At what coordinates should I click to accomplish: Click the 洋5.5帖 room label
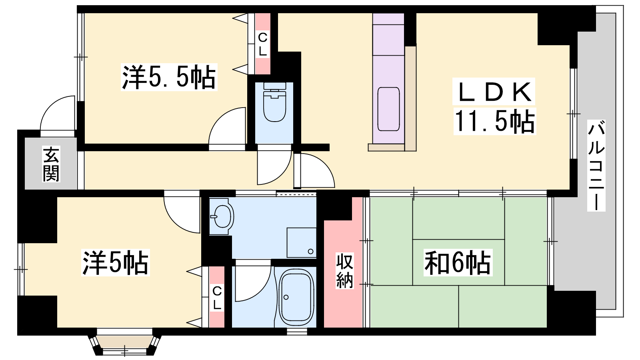[x=169, y=77]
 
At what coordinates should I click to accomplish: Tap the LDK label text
[x=494, y=92]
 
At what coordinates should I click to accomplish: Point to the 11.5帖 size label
[x=494, y=121]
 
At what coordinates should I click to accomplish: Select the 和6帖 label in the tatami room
[x=458, y=262]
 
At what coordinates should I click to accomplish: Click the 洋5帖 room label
[x=116, y=262]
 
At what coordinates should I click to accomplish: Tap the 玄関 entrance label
[x=51, y=164]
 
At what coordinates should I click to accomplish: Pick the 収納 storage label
[x=344, y=270]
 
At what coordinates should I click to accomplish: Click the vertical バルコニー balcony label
[x=596, y=166]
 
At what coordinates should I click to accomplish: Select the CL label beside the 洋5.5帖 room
[x=262, y=44]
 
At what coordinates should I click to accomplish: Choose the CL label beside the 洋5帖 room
[x=217, y=298]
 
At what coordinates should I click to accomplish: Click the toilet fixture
[x=274, y=102]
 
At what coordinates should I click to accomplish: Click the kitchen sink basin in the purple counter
[x=388, y=109]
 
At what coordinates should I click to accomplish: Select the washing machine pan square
[x=302, y=242]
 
